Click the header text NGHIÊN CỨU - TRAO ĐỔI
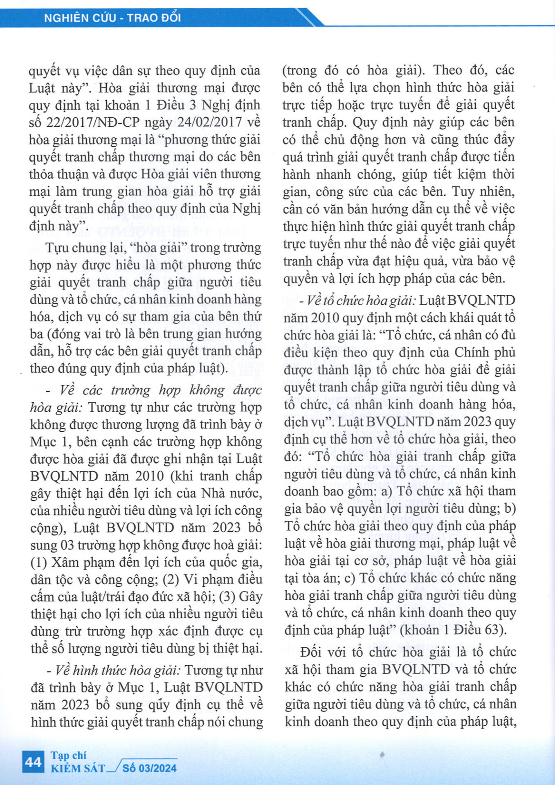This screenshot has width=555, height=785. click(x=112, y=18)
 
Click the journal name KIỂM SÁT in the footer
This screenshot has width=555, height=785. click(x=78, y=768)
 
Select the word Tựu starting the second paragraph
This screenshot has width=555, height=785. click(x=57, y=248)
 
